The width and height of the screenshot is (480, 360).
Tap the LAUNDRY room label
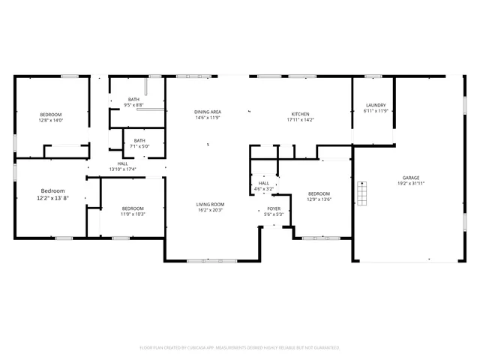point(376,105)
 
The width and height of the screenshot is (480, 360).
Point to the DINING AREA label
point(208,112)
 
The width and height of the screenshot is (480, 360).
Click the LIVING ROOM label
point(211,204)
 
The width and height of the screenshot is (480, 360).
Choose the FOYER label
point(274,208)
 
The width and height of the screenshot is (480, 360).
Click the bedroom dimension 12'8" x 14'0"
point(52,120)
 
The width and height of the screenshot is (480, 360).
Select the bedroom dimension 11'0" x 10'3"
point(133,214)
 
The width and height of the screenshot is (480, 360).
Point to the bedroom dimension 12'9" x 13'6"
point(319,199)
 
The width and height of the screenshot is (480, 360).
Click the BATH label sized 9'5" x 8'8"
point(133,99)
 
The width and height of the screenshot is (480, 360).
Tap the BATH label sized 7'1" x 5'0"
point(139,140)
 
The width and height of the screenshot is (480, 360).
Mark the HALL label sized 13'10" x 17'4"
point(122,163)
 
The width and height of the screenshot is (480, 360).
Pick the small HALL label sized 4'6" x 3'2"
point(264,182)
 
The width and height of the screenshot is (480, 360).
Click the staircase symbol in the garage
point(362,193)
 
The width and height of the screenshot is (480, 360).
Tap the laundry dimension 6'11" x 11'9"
point(376,111)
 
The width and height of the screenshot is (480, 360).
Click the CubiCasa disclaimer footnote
point(240,347)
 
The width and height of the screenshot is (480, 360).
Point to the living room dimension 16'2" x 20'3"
point(211,210)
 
